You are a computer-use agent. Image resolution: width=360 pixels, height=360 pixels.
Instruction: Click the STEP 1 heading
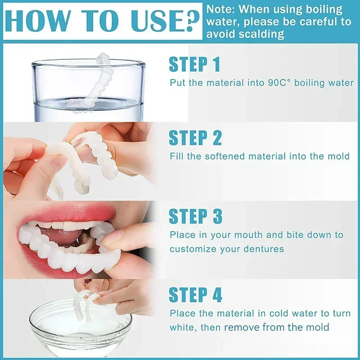pyautogui.click(x=194, y=64)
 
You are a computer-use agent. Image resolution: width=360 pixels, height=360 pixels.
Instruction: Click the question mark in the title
pyautogui.click(x=189, y=21)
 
